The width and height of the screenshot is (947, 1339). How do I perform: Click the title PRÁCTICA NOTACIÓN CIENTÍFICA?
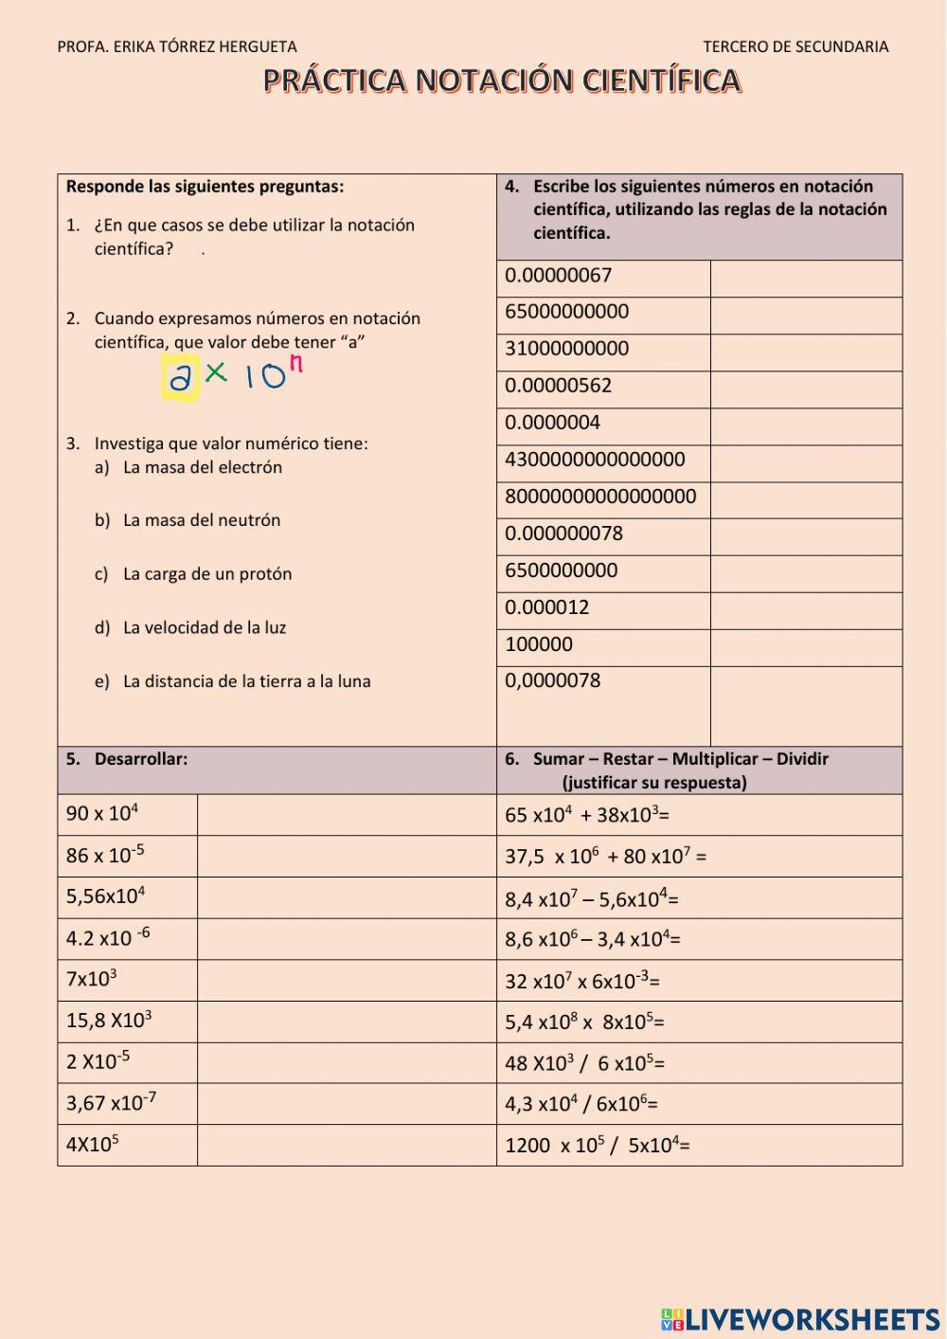(502, 81)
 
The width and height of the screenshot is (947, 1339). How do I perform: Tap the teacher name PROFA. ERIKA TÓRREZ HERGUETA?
(177, 46)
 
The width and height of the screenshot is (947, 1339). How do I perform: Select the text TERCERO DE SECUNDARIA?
(795, 46)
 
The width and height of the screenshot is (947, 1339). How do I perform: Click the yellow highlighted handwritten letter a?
(180, 378)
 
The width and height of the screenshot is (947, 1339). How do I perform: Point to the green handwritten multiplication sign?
(217, 372)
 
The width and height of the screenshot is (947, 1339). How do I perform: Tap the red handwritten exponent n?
(295, 364)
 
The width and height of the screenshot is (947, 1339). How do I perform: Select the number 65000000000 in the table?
(566, 312)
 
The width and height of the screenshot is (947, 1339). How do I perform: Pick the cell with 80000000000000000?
(600, 497)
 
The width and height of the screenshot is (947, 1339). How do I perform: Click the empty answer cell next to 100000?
(805, 647)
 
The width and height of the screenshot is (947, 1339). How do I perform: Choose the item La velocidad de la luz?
(204, 627)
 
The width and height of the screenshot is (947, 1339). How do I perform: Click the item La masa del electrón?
(202, 467)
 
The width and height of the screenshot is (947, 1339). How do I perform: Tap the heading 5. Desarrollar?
(127, 759)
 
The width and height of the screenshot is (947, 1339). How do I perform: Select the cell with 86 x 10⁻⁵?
(105, 855)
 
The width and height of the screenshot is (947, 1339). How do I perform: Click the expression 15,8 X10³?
(109, 1021)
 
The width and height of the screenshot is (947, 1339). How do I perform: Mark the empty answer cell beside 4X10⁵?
(347, 1145)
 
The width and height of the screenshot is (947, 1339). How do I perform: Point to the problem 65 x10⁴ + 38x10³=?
(587, 815)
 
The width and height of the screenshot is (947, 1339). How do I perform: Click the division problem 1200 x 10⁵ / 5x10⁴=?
(597, 1145)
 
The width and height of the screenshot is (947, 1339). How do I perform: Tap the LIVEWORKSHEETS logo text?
(812, 1319)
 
